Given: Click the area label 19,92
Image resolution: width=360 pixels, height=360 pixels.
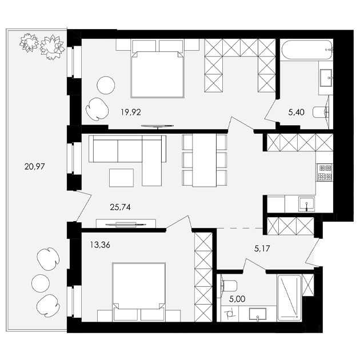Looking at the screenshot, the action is click(x=131, y=112).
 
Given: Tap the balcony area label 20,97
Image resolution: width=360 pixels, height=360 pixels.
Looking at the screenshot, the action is click(x=35, y=166).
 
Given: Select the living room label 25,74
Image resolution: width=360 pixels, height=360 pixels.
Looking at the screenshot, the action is click(x=121, y=207).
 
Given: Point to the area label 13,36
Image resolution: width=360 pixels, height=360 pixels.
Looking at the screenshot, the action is click(x=100, y=245).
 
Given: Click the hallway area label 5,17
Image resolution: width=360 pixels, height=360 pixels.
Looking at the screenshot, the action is click(x=262, y=249).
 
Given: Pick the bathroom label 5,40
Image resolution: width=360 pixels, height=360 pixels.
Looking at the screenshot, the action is click(x=297, y=112).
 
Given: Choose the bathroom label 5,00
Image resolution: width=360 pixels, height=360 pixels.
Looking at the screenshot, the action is click(x=237, y=299).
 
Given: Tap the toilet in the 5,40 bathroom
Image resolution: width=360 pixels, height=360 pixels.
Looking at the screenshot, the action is click(x=321, y=112).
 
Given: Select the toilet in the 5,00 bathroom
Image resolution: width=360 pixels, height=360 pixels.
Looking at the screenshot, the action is click(x=229, y=286).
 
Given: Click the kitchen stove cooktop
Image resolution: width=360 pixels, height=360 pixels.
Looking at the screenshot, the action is click(x=325, y=172).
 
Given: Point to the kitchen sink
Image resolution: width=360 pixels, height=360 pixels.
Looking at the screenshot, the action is click(x=306, y=203).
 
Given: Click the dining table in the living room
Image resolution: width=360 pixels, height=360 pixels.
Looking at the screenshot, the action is click(x=205, y=160).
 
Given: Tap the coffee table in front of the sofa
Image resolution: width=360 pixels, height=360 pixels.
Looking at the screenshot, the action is click(x=122, y=178).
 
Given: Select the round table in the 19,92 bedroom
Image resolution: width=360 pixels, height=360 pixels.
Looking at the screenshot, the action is click(x=106, y=85).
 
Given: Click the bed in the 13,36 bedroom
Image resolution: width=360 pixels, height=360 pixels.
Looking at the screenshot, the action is click(x=139, y=291).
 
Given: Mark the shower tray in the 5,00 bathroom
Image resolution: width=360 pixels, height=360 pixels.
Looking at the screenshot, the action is click(x=289, y=298).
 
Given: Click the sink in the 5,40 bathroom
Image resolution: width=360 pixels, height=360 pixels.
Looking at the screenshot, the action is click(x=326, y=78).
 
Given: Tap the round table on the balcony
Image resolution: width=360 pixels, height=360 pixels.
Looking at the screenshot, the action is click(x=41, y=283).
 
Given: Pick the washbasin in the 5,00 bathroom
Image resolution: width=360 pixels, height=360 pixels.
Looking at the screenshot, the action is click(x=258, y=314).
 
